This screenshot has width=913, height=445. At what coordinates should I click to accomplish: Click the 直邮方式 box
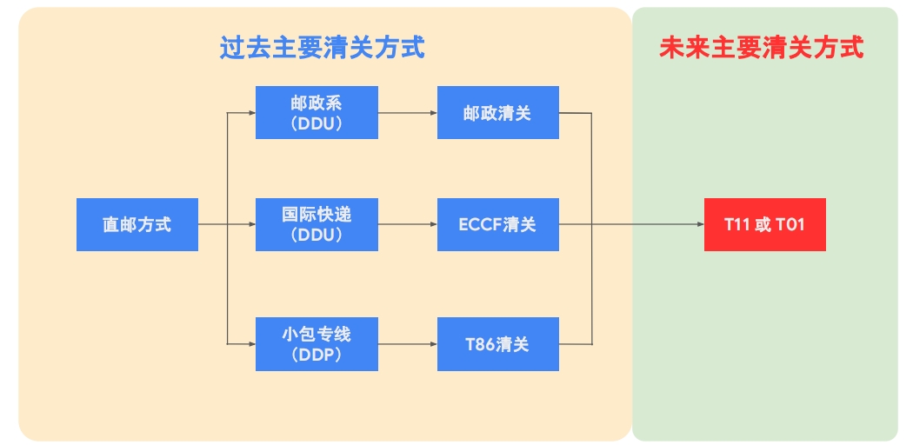tap(137, 225)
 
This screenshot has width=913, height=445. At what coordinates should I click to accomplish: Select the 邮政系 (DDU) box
tap(317, 113)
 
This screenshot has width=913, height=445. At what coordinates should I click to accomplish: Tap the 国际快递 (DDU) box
tap(317, 225)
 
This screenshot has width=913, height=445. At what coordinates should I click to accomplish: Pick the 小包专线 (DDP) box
tap(317, 344)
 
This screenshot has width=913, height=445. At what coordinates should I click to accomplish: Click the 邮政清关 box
tap(497, 113)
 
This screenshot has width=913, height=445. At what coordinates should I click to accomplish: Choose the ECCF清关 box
tap(497, 225)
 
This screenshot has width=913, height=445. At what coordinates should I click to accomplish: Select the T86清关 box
tap(497, 344)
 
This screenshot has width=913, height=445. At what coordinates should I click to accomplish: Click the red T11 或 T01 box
tap(764, 225)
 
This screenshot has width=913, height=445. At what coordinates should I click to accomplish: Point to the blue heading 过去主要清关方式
tap(322, 48)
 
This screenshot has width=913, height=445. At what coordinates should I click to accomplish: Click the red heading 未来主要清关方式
tap(762, 48)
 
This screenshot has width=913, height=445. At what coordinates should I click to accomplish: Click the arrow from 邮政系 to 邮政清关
tap(407, 113)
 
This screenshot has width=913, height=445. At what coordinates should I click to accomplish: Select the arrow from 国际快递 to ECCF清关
tap(407, 225)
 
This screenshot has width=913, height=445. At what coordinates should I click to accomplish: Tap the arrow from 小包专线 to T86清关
tap(407, 344)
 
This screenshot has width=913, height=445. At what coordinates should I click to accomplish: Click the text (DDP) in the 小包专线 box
tap(317, 355)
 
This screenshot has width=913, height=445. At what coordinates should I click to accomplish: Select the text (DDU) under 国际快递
tap(317, 236)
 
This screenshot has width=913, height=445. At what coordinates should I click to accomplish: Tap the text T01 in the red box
tap(790, 225)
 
